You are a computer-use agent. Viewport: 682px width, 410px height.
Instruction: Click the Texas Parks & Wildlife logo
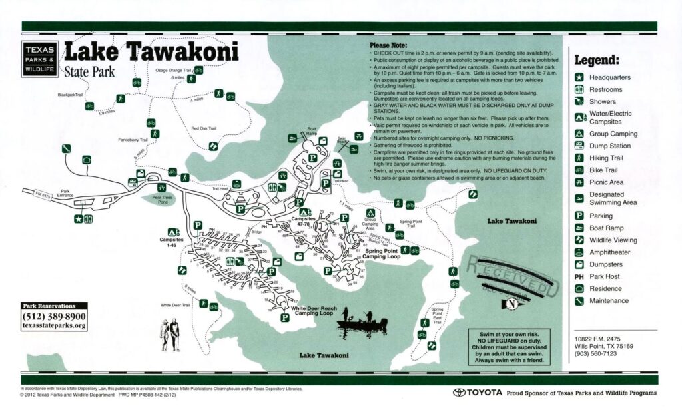pyautogui.click(x=39, y=58)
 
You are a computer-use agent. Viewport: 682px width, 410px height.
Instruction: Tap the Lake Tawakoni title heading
pyautogui.click(x=151, y=51)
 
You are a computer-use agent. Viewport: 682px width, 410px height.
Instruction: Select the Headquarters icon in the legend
pyautogui.click(x=580, y=77)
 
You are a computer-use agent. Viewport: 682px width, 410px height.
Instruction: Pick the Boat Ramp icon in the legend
pyautogui.click(x=580, y=228)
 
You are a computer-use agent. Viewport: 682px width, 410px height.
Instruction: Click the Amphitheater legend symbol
pyautogui.click(x=580, y=252)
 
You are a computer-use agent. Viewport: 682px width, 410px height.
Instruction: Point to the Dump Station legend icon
pyautogui.click(x=580, y=146)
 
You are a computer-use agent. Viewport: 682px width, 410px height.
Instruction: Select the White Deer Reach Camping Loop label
pyautogui.click(x=313, y=311)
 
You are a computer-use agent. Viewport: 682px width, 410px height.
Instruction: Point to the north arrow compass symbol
pyautogui.click(x=511, y=304)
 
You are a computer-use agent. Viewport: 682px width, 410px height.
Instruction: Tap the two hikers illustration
pyautogui.click(x=170, y=334)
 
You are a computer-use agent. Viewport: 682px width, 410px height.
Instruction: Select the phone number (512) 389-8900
pyautogui.click(x=53, y=316)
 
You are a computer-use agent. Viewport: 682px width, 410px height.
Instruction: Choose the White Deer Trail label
pyautogui.click(x=175, y=305)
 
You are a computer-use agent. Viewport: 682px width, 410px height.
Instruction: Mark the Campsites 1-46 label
pyautogui.click(x=172, y=242)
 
